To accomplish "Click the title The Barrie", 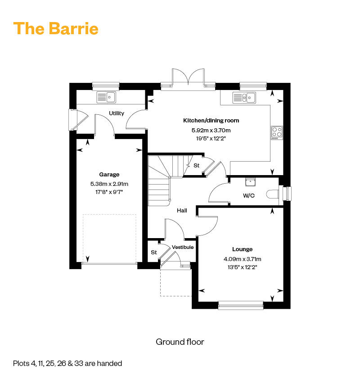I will click(56, 28).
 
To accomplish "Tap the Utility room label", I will click(116, 113).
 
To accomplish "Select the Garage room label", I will click(109, 175).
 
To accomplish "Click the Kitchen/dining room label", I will click(211, 121).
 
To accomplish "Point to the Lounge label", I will click(242, 249).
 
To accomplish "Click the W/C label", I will click(248, 196).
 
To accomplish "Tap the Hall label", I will click(182, 210).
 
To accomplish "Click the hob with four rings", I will click(277, 132).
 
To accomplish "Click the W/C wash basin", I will click(250, 182).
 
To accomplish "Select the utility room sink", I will click(106, 97).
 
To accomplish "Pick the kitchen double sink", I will click(244, 97).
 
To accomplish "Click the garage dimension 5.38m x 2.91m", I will click(109, 184).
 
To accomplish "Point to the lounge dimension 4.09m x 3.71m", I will click(242, 259).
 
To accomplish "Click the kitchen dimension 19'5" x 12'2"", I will click(211, 139).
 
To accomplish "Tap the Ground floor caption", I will click(180, 342).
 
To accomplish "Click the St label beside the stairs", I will click(196, 166).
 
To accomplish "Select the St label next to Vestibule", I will click(153, 253).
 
